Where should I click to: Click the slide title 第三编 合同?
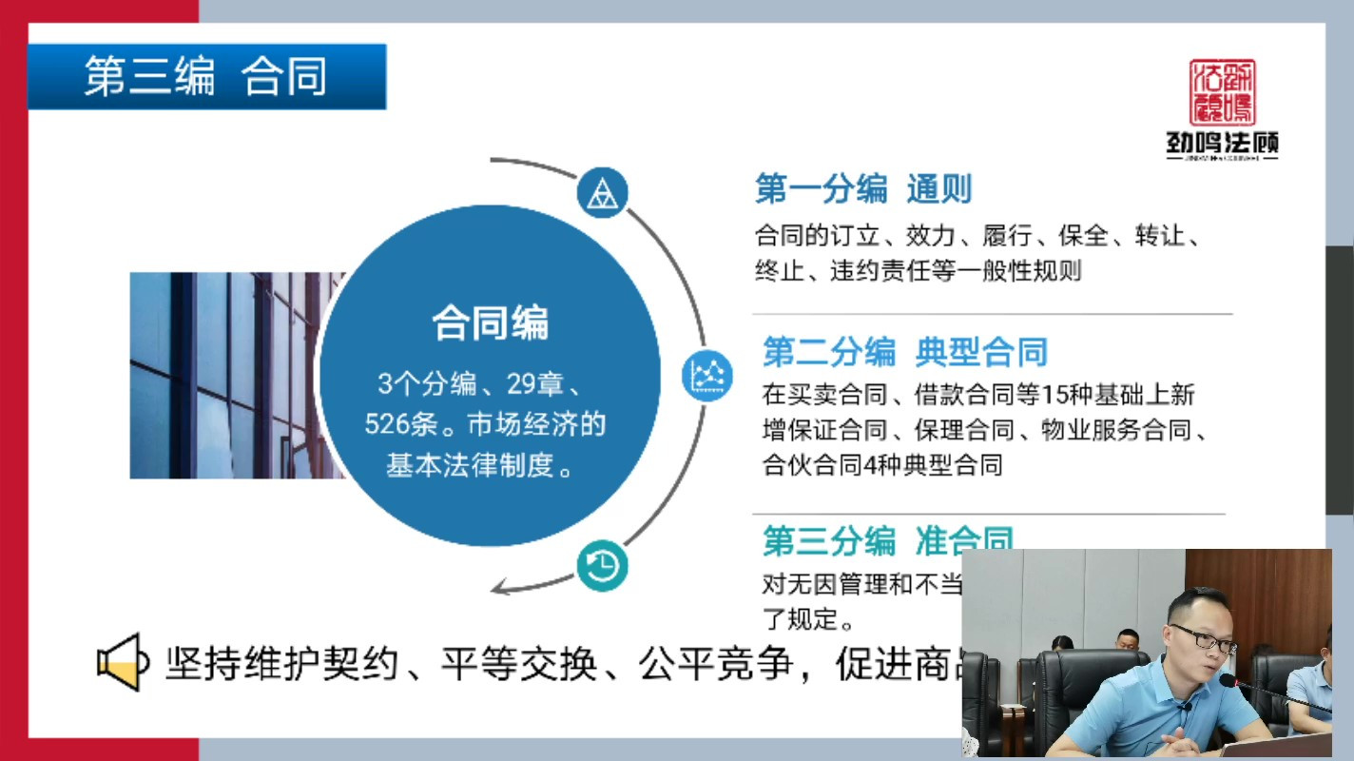(205, 76)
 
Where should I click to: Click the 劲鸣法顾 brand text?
(1222, 143)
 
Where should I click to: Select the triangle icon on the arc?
(602, 193)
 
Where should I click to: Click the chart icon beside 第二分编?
(707, 375)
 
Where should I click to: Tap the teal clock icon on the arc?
(602, 566)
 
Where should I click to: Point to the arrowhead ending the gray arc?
(503, 589)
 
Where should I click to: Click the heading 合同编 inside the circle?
(490, 323)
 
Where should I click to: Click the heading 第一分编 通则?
(863, 189)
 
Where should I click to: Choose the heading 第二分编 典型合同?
(904, 353)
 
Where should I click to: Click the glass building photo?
(228, 376)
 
